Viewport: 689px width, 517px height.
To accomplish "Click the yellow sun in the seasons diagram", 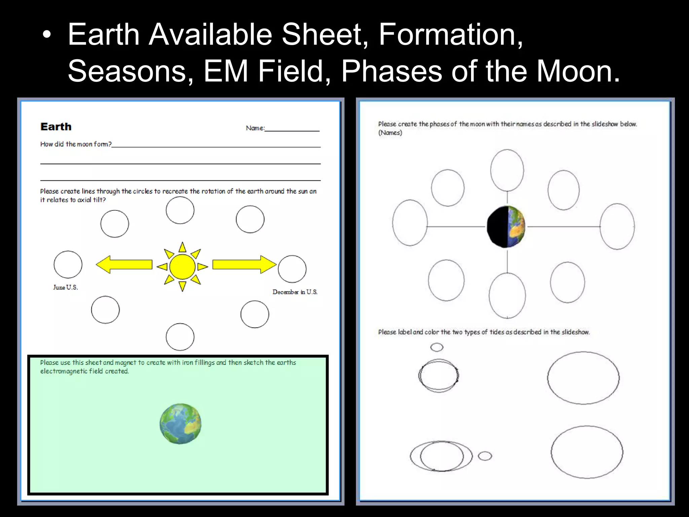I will [x=182, y=267].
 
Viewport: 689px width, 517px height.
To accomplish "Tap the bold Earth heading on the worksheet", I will [x=56, y=127].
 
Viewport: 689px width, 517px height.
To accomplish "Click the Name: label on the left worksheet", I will [x=255, y=128].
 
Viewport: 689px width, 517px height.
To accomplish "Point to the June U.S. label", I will [x=66, y=287].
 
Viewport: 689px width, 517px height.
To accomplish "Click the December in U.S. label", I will [x=295, y=292].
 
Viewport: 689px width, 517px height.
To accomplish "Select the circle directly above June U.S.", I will [x=68, y=265].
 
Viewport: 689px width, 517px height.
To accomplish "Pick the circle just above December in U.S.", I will [x=292, y=269].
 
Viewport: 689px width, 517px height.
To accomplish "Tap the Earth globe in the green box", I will [x=181, y=424].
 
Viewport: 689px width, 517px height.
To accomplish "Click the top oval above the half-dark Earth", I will [x=507, y=170].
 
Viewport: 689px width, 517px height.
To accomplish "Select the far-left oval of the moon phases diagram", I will [x=410, y=223].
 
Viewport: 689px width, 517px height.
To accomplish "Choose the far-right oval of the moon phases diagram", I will [x=617, y=226].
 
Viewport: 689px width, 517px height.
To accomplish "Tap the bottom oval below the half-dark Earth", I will [x=507, y=295].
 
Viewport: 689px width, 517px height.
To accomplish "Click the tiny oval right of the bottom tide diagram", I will [x=485, y=456].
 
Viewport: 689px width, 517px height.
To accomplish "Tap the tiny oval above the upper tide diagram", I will [x=437, y=347].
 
